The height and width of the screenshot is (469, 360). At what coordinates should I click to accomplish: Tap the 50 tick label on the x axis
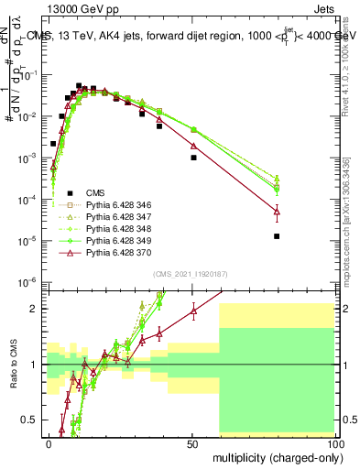[192, 443]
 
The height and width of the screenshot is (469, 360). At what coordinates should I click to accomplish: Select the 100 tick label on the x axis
[334, 443]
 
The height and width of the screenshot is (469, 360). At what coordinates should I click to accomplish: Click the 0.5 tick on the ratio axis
[36, 420]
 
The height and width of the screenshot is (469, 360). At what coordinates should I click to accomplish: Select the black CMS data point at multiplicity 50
[193, 158]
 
